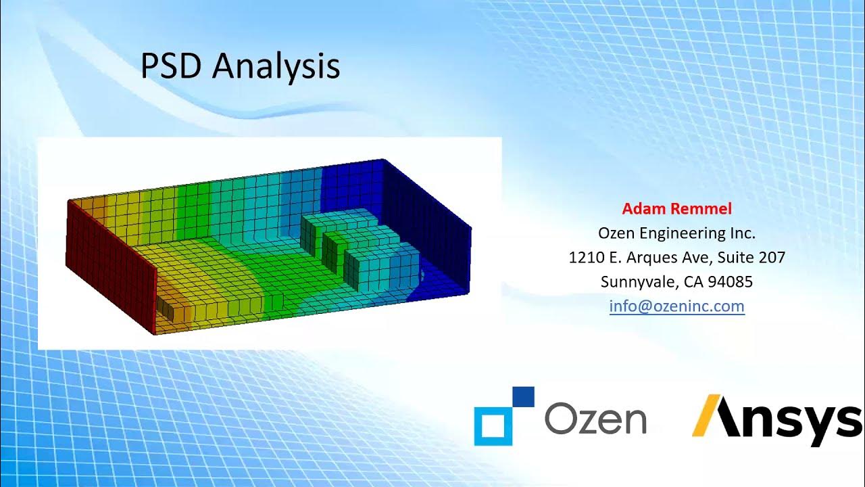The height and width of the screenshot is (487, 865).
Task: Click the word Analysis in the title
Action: [x=276, y=68]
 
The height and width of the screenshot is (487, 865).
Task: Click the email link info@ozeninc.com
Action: [x=676, y=306]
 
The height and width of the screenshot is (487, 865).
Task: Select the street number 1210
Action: [x=585, y=258]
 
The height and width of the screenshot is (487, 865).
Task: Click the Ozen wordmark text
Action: [x=595, y=419]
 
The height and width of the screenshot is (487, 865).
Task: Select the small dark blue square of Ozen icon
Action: [x=523, y=396]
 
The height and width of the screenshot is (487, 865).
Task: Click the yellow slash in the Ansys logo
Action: [x=707, y=415]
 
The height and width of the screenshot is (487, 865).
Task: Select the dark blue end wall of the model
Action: [x=432, y=223]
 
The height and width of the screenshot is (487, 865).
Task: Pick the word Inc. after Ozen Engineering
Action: [x=741, y=233]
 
